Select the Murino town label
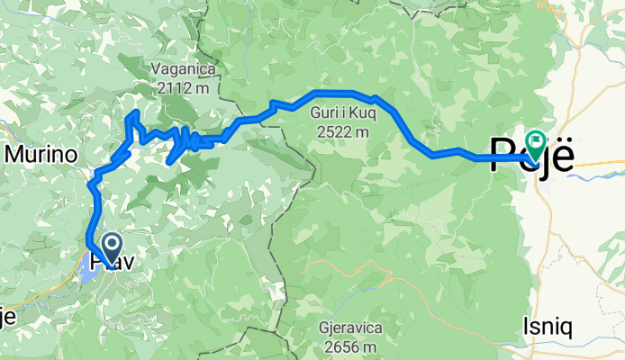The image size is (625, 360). tap(40, 155)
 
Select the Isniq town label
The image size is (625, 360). tap(548, 328)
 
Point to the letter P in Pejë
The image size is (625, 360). tap(502, 153)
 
